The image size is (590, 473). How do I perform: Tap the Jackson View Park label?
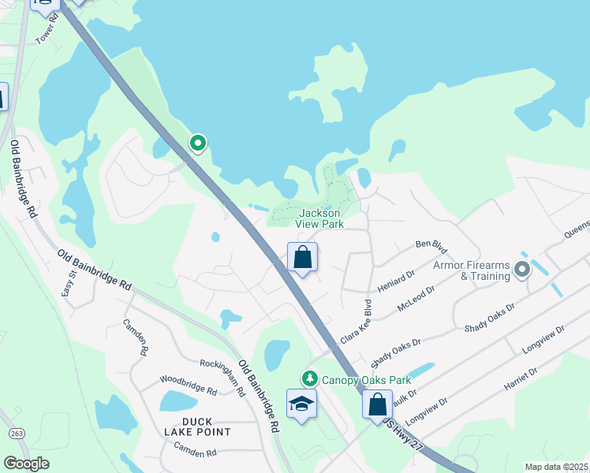(319, 218)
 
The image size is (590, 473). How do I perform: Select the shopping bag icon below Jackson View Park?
(302, 257)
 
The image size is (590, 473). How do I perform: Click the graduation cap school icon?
(301, 404)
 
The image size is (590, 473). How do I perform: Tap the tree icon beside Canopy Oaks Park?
(310, 378)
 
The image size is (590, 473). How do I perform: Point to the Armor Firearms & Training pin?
(521, 270)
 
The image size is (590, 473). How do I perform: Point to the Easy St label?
(68, 284)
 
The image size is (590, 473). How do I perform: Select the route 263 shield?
(15, 434)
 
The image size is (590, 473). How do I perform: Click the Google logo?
(27, 464)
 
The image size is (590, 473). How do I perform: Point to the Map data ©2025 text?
(556, 467)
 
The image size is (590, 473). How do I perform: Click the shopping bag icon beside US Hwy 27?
(378, 404)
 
